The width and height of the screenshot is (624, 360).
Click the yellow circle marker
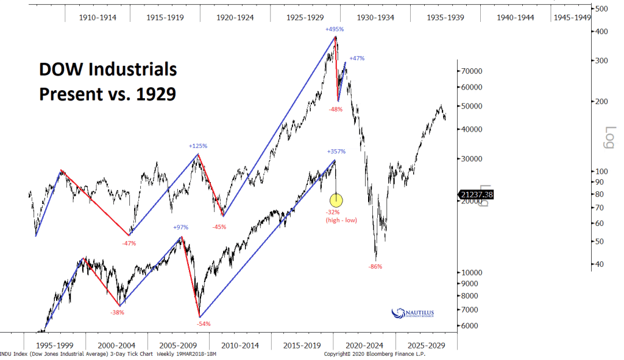pyautogui.click(x=336, y=199)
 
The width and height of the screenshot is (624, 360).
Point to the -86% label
pyautogui.click(x=375, y=266)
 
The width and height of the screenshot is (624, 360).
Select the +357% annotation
pyautogui.click(x=336, y=151)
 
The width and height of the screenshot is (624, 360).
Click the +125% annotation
pyautogui.click(x=198, y=146)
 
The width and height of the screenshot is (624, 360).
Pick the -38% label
pyautogui.click(x=117, y=312)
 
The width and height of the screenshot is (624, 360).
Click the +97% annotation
pyautogui.click(x=180, y=227)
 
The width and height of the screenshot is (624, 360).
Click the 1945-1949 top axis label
pyautogui.click(x=572, y=17)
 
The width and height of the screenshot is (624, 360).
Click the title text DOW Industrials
pyautogui.click(x=108, y=70)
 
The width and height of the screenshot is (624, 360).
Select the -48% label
pyautogui.click(x=336, y=109)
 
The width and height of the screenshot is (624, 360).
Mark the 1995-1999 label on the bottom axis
pyautogui.click(x=54, y=345)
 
